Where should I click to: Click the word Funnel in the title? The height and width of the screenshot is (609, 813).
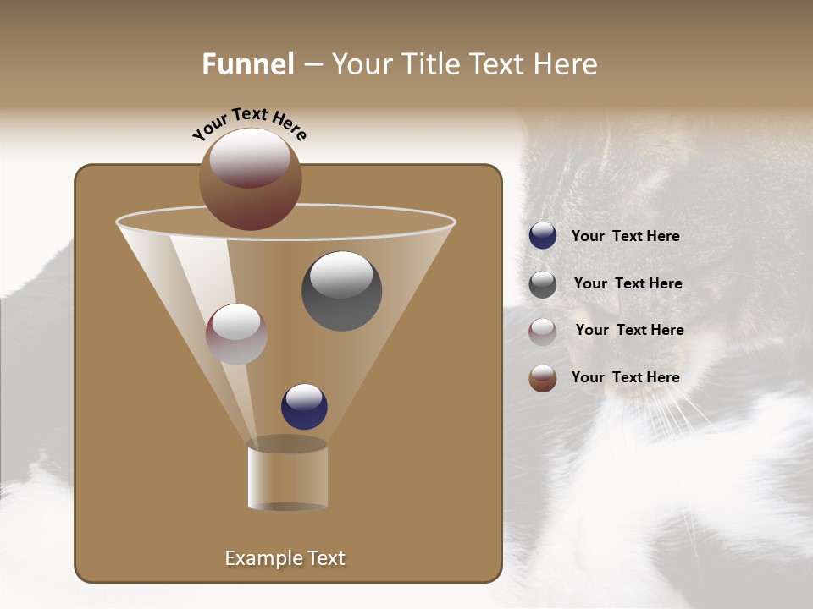coord(247,64)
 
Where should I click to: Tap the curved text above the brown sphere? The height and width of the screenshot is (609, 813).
coord(249,123)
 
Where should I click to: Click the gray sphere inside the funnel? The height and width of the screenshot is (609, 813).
coord(341,292)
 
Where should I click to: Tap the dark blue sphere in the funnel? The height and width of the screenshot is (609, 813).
coord(304,407)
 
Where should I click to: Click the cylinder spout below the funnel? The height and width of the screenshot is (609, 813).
coord(287,475)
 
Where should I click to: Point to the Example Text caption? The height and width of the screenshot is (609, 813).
coord(285,558)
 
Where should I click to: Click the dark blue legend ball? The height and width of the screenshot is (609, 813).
coord(543,236)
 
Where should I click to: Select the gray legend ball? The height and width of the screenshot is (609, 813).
coord(543,284)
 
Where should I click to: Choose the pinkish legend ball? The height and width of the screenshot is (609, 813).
coord(543,332)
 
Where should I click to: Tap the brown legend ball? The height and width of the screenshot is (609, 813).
coord(543,378)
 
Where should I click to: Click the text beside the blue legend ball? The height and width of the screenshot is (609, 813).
coord(625,237)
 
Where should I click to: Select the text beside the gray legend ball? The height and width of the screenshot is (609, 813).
coord(628,284)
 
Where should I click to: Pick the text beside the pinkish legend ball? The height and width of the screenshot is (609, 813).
coord(629,331)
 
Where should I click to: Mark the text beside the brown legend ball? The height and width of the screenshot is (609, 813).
coord(625,377)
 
